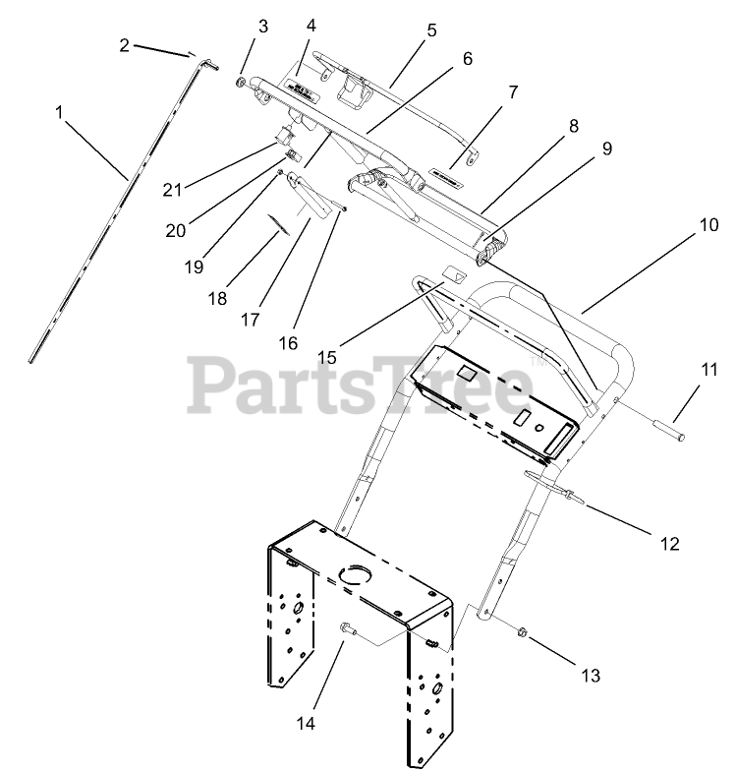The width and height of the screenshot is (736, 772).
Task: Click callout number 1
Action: pos(60,113)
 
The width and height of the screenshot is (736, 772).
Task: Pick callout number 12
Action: pos(668,543)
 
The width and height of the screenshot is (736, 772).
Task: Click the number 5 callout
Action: pos(431,30)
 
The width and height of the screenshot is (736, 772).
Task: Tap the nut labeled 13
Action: pos(523,635)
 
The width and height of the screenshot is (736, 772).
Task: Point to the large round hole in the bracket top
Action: pos(351,574)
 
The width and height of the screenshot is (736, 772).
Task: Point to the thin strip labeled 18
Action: pos(280,226)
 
